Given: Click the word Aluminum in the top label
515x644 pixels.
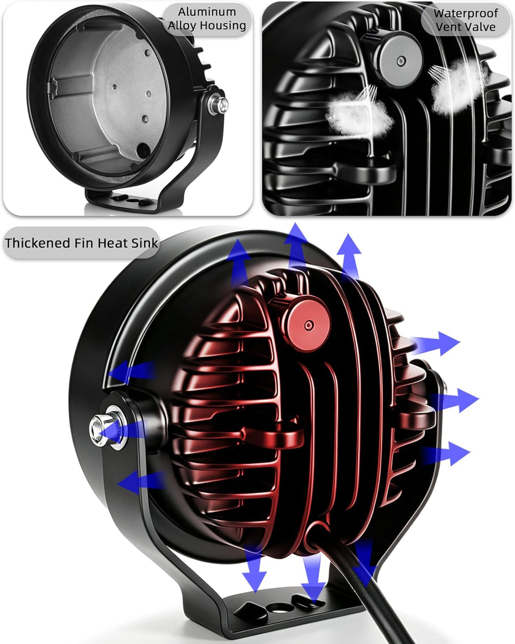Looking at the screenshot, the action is [207, 12].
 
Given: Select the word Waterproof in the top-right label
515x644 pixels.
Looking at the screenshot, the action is [466, 13].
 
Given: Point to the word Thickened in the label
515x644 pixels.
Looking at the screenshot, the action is [38, 243].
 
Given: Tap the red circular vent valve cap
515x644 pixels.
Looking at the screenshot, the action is [308, 325].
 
